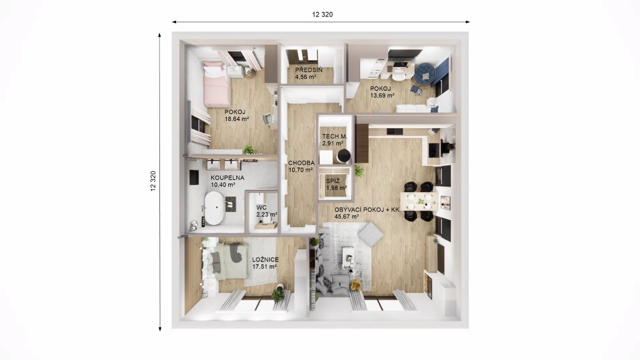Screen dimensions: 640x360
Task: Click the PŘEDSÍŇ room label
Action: click(x=309, y=70)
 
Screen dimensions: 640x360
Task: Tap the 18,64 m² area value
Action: click(x=237, y=119)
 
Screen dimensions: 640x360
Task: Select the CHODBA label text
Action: click(x=301, y=163)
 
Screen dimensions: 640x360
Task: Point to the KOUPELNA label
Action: click(x=227, y=178)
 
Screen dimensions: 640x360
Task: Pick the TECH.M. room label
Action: click(x=335, y=137)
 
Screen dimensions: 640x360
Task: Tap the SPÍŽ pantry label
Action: click(x=333, y=181)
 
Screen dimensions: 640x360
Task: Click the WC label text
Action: click(x=262, y=207)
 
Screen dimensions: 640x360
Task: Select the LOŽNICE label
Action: click(x=266, y=260)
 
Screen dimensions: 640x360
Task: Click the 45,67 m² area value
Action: click(x=347, y=217)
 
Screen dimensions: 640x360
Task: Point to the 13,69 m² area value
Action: click(x=382, y=95)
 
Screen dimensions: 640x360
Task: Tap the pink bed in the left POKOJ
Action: click(x=215, y=83)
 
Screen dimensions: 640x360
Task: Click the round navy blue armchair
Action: click(x=425, y=74)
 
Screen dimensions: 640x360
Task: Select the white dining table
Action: click(x=419, y=201)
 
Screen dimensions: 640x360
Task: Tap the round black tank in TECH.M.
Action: click(x=343, y=156)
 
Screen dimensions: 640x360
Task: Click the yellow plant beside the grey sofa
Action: click(x=356, y=285)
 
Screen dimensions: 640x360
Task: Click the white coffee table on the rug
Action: click(x=348, y=257)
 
